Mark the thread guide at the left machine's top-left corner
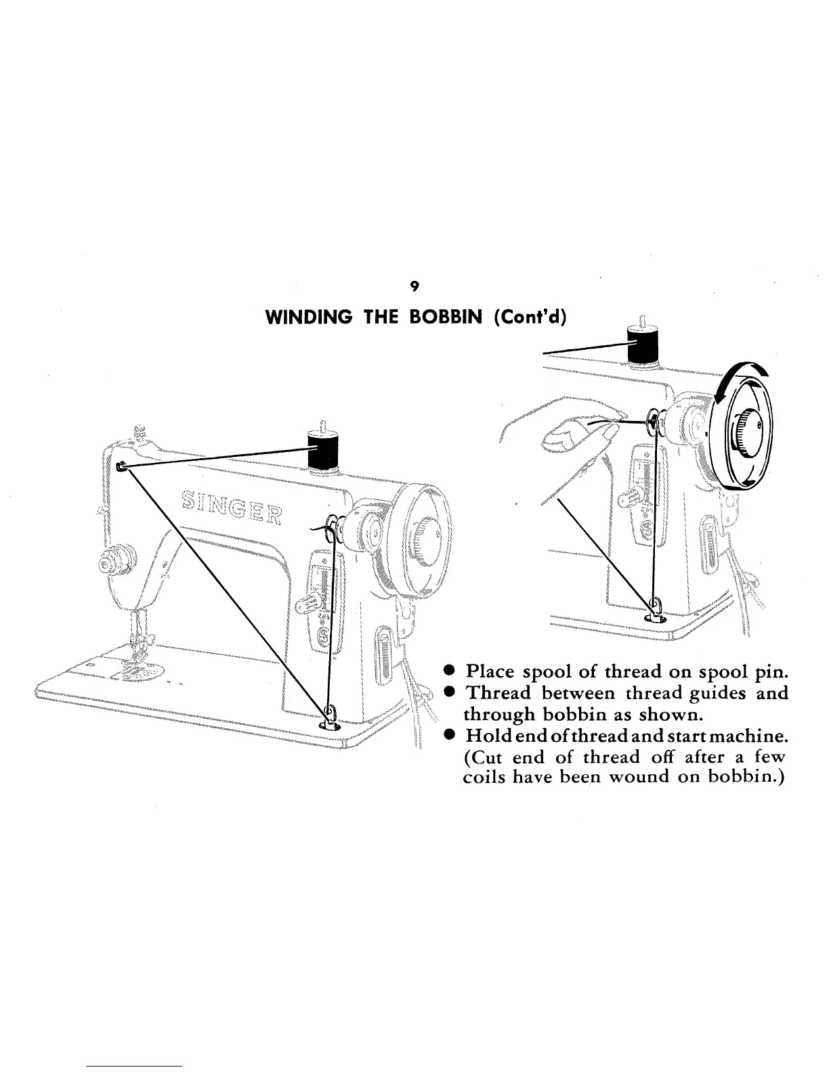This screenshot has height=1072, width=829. (x=121, y=466)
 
